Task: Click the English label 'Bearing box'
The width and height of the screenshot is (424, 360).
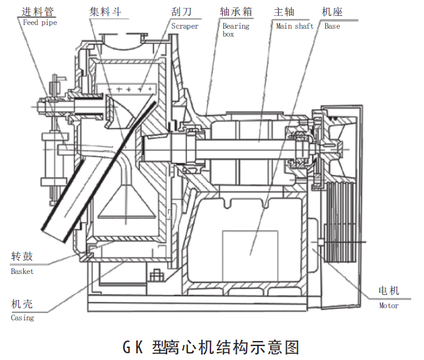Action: coord(235,30)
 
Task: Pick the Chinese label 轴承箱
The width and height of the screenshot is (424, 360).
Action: coord(236,12)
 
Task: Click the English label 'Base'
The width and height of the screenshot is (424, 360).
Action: coord(332,26)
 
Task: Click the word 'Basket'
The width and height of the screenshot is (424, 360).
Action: coord(22,272)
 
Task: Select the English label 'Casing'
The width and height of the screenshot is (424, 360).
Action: coord(23,318)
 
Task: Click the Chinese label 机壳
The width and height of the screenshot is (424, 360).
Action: coord(23,304)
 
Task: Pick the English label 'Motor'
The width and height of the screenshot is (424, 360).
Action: coord(389,306)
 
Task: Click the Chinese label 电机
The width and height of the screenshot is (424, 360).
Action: coord(389,291)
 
